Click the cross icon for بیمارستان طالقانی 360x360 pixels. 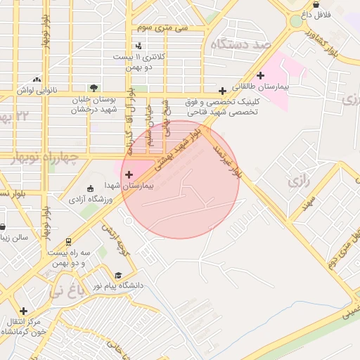click(x=261, y=75)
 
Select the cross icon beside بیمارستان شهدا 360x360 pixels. click(x=128, y=174)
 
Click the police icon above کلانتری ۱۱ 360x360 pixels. click(x=139, y=46)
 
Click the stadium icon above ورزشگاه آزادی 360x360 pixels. click(x=90, y=188)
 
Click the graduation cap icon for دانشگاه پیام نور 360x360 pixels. click(x=118, y=275)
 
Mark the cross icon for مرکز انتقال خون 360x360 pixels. click(x=24, y=311)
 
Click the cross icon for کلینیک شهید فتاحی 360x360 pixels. click(x=223, y=91)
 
